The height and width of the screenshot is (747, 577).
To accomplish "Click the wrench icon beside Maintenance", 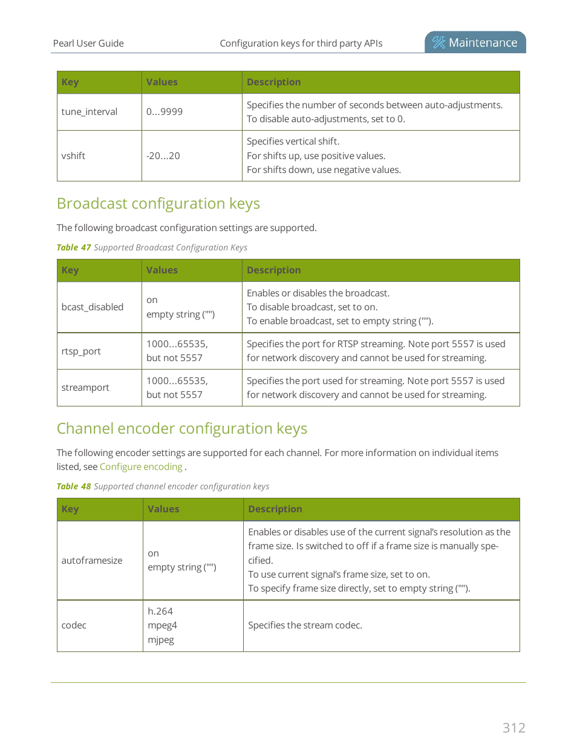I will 438,42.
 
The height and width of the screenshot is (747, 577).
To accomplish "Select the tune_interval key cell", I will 90,112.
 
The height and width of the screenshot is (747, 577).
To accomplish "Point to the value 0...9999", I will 165,112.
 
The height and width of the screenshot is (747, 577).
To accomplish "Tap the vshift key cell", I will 73,156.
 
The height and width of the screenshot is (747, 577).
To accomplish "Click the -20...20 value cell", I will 163,156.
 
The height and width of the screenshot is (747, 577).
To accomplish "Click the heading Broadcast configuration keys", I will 158,204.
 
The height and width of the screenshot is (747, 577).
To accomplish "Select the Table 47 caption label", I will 74,247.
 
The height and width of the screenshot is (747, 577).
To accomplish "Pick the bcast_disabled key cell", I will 93,307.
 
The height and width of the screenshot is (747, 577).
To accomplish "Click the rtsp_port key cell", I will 81,351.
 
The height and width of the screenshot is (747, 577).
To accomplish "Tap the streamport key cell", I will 85,388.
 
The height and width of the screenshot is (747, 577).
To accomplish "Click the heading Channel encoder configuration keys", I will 182,429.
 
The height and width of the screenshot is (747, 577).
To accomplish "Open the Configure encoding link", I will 141,467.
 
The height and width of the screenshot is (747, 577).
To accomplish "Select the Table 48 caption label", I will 74,486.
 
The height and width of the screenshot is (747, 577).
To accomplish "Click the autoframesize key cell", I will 92,561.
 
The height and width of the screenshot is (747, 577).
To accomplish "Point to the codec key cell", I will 74,625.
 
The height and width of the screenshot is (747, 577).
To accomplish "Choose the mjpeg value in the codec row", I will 161,640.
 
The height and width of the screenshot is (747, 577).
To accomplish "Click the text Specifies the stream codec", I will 305,625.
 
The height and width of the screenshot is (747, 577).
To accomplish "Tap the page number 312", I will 513,728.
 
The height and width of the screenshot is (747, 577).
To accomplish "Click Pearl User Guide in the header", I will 88,44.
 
